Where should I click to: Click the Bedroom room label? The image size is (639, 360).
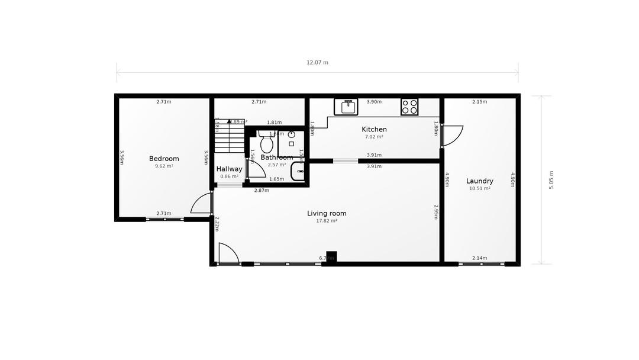(164, 159)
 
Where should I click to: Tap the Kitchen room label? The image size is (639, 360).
(374, 129)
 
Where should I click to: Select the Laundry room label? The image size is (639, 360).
(479, 181)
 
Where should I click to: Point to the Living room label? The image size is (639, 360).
(327, 213)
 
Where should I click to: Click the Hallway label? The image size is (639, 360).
(229, 169)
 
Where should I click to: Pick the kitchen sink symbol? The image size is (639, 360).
(346, 107)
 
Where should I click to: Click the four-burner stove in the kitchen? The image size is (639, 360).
(409, 107)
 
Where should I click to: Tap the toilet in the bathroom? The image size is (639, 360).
(266, 142)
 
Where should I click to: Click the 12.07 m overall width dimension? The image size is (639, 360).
(317, 62)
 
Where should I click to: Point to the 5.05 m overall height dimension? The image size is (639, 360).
(551, 180)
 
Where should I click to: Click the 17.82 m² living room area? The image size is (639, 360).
(327, 221)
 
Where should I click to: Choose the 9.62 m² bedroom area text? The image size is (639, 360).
(164, 166)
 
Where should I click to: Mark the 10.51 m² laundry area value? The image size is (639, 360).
(479, 189)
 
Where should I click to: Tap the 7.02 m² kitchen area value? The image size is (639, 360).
(374, 137)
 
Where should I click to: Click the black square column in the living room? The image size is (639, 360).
(331, 256)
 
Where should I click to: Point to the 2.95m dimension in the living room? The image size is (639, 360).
(436, 212)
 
